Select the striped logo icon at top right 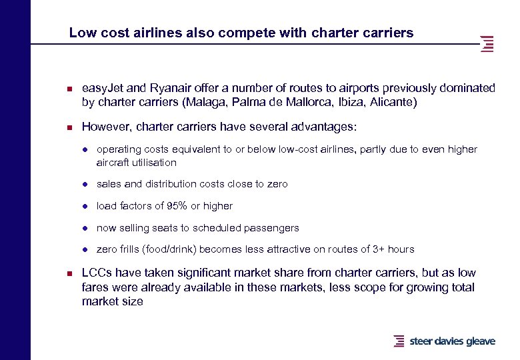point(487,44)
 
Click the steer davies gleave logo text point(452,341)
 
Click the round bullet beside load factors point(87,206)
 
